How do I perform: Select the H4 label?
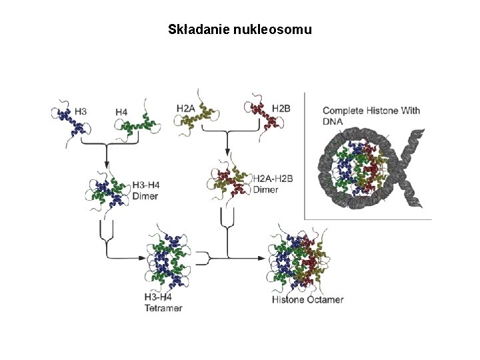pyautogui.click(x=121, y=112)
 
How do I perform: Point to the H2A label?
pyautogui.click(x=186, y=107)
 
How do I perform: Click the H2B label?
pyautogui.click(x=281, y=107)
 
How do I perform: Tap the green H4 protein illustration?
pyautogui.click(x=142, y=123)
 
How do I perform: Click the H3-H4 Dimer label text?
pyautogui.click(x=146, y=190)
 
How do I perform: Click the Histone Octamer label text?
pyautogui.click(x=307, y=299)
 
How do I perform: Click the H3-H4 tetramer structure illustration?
pyautogui.click(x=166, y=260)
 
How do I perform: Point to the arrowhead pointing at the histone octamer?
pyautogui.click(x=261, y=257)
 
